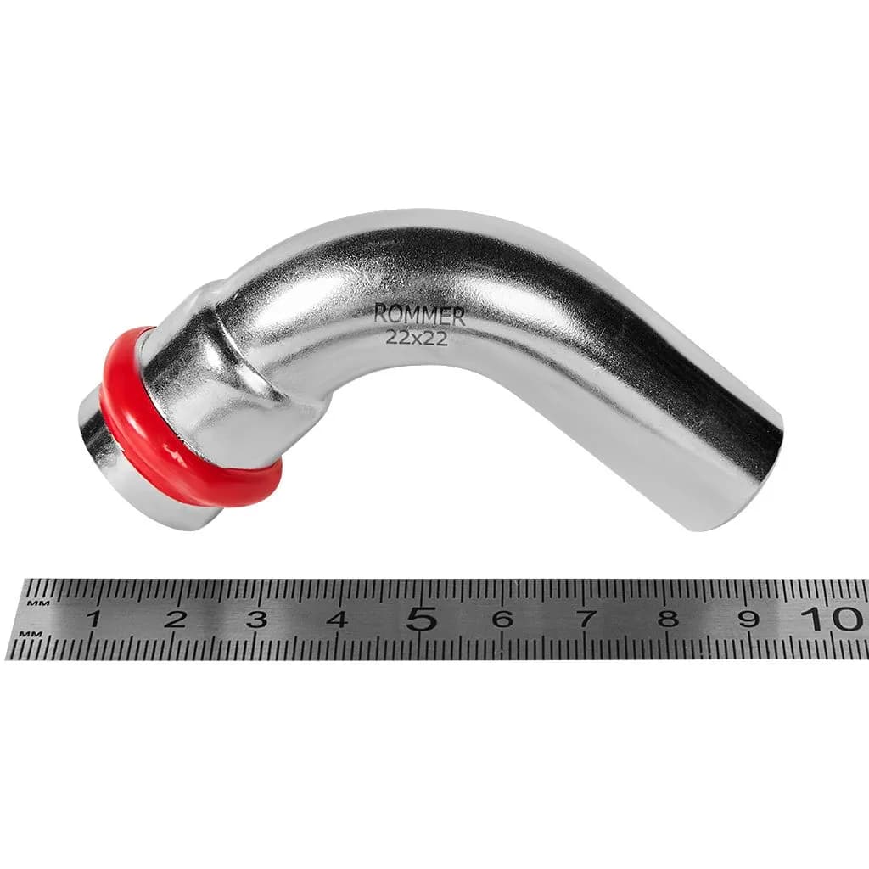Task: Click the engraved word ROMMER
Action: [x=419, y=315]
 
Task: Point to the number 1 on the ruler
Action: [x=93, y=618]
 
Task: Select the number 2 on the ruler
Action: [x=175, y=618]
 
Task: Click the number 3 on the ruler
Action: [x=256, y=618]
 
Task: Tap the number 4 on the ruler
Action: [x=338, y=618]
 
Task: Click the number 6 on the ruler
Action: [x=502, y=618]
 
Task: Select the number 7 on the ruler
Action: [x=586, y=618]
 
